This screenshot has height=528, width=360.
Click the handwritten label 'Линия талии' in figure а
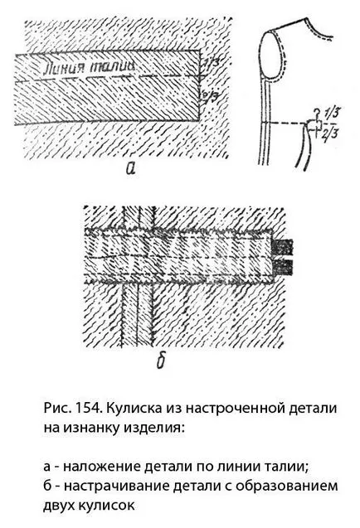coord(88,67)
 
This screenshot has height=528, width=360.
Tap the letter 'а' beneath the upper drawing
coord(130,167)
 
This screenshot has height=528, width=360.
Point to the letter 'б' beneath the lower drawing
coord(161,360)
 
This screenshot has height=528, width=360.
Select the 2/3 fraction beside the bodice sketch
coord(330,133)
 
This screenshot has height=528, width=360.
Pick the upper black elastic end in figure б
coord(283,247)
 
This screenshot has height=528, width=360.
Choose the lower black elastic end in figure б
coord(283,267)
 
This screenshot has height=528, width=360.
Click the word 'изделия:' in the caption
coord(155,429)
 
